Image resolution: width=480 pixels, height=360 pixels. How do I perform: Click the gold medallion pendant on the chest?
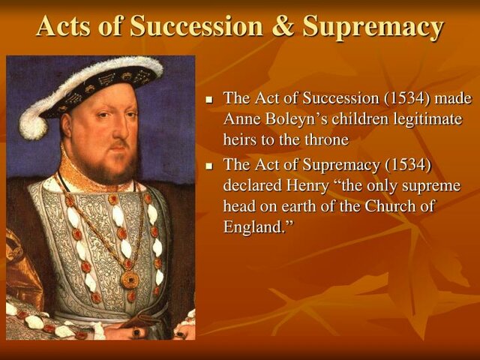coord(130,279)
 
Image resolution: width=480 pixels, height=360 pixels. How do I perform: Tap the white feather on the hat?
coord(37,112)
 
